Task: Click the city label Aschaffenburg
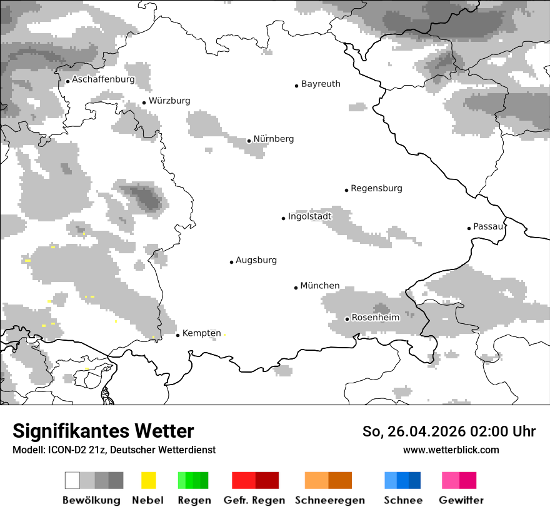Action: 103,80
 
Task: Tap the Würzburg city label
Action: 169,101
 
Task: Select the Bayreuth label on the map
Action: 321,84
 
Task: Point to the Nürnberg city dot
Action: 249,141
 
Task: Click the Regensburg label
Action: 376,188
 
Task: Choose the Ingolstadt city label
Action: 309,216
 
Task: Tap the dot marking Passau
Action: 469,228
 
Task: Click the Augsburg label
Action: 256,260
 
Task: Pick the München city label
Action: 320,286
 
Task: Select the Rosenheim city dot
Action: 347,319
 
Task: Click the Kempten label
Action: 202,333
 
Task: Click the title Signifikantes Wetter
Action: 103,431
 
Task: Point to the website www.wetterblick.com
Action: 451,450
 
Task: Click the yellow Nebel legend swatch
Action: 148,480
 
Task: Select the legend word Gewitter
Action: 461,500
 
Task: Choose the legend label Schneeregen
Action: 330,500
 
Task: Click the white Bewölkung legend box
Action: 72,480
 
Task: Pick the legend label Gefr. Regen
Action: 254,500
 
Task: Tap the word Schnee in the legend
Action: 403,500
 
